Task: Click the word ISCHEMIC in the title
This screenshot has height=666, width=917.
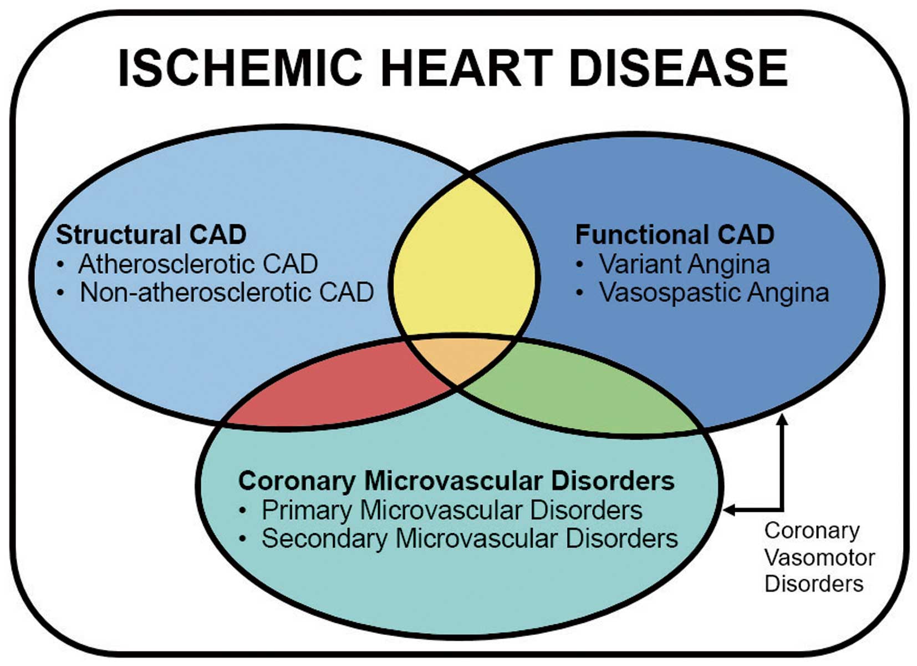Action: [x=240, y=68]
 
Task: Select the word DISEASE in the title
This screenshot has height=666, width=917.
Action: [x=679, y=68]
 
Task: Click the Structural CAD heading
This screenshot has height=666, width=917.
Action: [x=151, y=234]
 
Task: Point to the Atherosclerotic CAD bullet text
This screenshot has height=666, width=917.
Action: [x=198, y=264]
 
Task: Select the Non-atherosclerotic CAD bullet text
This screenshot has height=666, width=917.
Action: [x=227, y=292]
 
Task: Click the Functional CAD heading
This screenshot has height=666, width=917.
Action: [x=675, y=234]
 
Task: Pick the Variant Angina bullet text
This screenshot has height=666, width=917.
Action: [x=685, y=264]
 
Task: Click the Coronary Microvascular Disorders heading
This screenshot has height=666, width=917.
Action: [x=456, y=480]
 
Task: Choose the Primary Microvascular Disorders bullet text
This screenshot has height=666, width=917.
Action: [x=452, y=510]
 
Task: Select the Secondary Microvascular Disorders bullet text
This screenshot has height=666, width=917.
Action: [x=470, y=538]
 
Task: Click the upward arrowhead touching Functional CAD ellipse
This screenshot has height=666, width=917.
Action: [x=783, y=421]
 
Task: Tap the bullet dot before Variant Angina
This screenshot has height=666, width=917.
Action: [x=579, y=265]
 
